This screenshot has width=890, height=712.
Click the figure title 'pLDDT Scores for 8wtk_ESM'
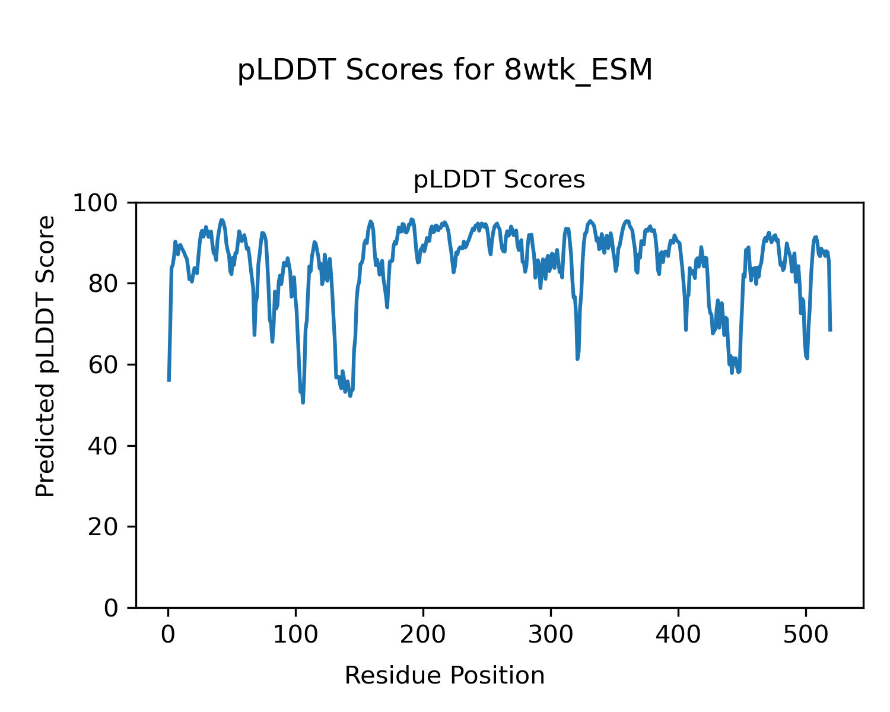[445, 71]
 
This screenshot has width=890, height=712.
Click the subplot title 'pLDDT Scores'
[499, 180]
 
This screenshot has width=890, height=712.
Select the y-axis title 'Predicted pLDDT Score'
[46, 356]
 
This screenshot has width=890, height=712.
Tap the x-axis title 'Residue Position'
[444, 676]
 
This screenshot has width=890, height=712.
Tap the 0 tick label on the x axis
[169, 635]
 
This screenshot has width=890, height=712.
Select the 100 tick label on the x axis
[295, 635]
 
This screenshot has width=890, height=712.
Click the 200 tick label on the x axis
[423, 635]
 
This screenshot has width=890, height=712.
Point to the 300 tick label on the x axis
[551, 635]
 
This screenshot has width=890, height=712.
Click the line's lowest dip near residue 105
[303, 402]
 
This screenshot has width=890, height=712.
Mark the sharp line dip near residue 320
[577, 358]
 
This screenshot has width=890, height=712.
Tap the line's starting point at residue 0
[169, 380]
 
